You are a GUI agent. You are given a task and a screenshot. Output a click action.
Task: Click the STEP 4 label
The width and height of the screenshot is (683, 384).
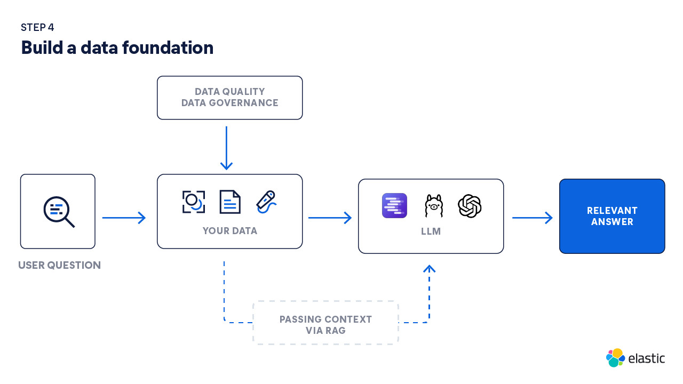tap(37, 28)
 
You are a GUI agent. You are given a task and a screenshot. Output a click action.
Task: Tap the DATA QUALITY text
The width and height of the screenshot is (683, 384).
tap(229, 92)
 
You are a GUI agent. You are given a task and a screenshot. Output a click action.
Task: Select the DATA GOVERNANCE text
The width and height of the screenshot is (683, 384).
tap(229, 103)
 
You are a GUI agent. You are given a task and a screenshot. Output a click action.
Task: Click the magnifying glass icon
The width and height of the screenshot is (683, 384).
tap(58, 211)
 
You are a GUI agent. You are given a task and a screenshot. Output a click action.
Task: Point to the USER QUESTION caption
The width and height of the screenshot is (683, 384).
tap(59, 265)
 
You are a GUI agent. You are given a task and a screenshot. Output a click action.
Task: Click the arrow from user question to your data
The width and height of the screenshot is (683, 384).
tap(124, 218)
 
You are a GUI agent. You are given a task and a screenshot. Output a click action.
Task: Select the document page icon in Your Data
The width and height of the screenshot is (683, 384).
tap(230, 202)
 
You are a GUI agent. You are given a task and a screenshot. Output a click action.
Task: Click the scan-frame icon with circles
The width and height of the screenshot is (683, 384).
tap(193, 202)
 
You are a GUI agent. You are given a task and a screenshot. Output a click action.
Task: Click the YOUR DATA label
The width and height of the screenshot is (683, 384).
tap(229, 231)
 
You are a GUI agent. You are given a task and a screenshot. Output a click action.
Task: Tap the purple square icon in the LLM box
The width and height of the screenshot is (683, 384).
tap(394, 206)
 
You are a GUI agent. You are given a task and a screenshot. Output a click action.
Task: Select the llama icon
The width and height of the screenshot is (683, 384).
tap(433, 206)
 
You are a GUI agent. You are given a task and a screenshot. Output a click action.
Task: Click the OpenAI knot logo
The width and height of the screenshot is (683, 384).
tap(470, 206)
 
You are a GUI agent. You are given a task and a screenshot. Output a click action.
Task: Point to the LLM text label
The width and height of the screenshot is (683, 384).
tap(431, 232)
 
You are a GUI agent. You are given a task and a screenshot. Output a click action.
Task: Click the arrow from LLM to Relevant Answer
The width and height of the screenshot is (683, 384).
tap(532, 218)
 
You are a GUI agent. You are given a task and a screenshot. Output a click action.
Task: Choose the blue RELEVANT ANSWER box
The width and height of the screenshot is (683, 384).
tap(612, 216)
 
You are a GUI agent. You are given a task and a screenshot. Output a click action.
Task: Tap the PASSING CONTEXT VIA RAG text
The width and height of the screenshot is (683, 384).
tap(325, 325)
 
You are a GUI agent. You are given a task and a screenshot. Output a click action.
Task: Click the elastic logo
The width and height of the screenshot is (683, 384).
tap(636, 358)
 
